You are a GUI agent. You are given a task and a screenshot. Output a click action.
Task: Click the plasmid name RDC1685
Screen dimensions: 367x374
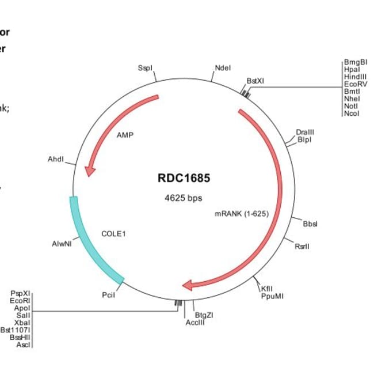[184, 178]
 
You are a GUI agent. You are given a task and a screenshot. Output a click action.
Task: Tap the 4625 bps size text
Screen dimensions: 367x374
[184, 198]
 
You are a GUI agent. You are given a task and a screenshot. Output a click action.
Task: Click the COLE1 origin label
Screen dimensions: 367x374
[113, 234]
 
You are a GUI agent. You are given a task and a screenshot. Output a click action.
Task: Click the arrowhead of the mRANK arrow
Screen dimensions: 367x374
[188, 285]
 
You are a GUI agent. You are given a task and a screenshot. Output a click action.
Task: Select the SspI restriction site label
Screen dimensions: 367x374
[146, 68]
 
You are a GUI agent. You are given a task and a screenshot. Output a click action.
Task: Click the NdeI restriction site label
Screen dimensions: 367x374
[223, 68]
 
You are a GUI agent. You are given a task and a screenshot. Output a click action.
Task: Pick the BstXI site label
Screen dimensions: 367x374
[255, 81]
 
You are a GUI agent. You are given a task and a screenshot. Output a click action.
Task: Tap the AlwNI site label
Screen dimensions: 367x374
[62, 244]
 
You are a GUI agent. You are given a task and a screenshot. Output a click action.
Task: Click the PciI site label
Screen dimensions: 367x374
[108, 295]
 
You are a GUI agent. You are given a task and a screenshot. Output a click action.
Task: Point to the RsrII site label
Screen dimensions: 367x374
[302, 246]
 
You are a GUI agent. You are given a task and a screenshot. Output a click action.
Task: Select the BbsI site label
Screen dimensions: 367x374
[310, 224]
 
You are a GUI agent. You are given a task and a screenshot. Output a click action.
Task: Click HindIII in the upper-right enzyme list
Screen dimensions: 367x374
[356, 76]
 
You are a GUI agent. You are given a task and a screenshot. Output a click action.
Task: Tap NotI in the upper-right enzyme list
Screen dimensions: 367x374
[351, 106]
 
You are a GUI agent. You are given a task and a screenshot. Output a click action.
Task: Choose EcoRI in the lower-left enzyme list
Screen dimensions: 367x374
[20, 301]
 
